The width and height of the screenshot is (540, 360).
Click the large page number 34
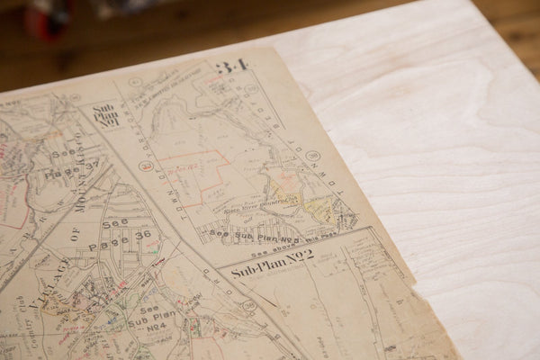[x=231, y=67]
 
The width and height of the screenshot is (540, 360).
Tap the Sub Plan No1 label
[x=105, y=116]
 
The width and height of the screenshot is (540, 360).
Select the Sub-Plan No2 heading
[x=272, y=262]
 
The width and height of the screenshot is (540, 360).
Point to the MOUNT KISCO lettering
[x=78, y=171]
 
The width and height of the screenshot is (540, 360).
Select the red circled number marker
[x=145, y=166]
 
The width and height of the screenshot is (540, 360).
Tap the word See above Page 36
[x=115, y=223]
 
